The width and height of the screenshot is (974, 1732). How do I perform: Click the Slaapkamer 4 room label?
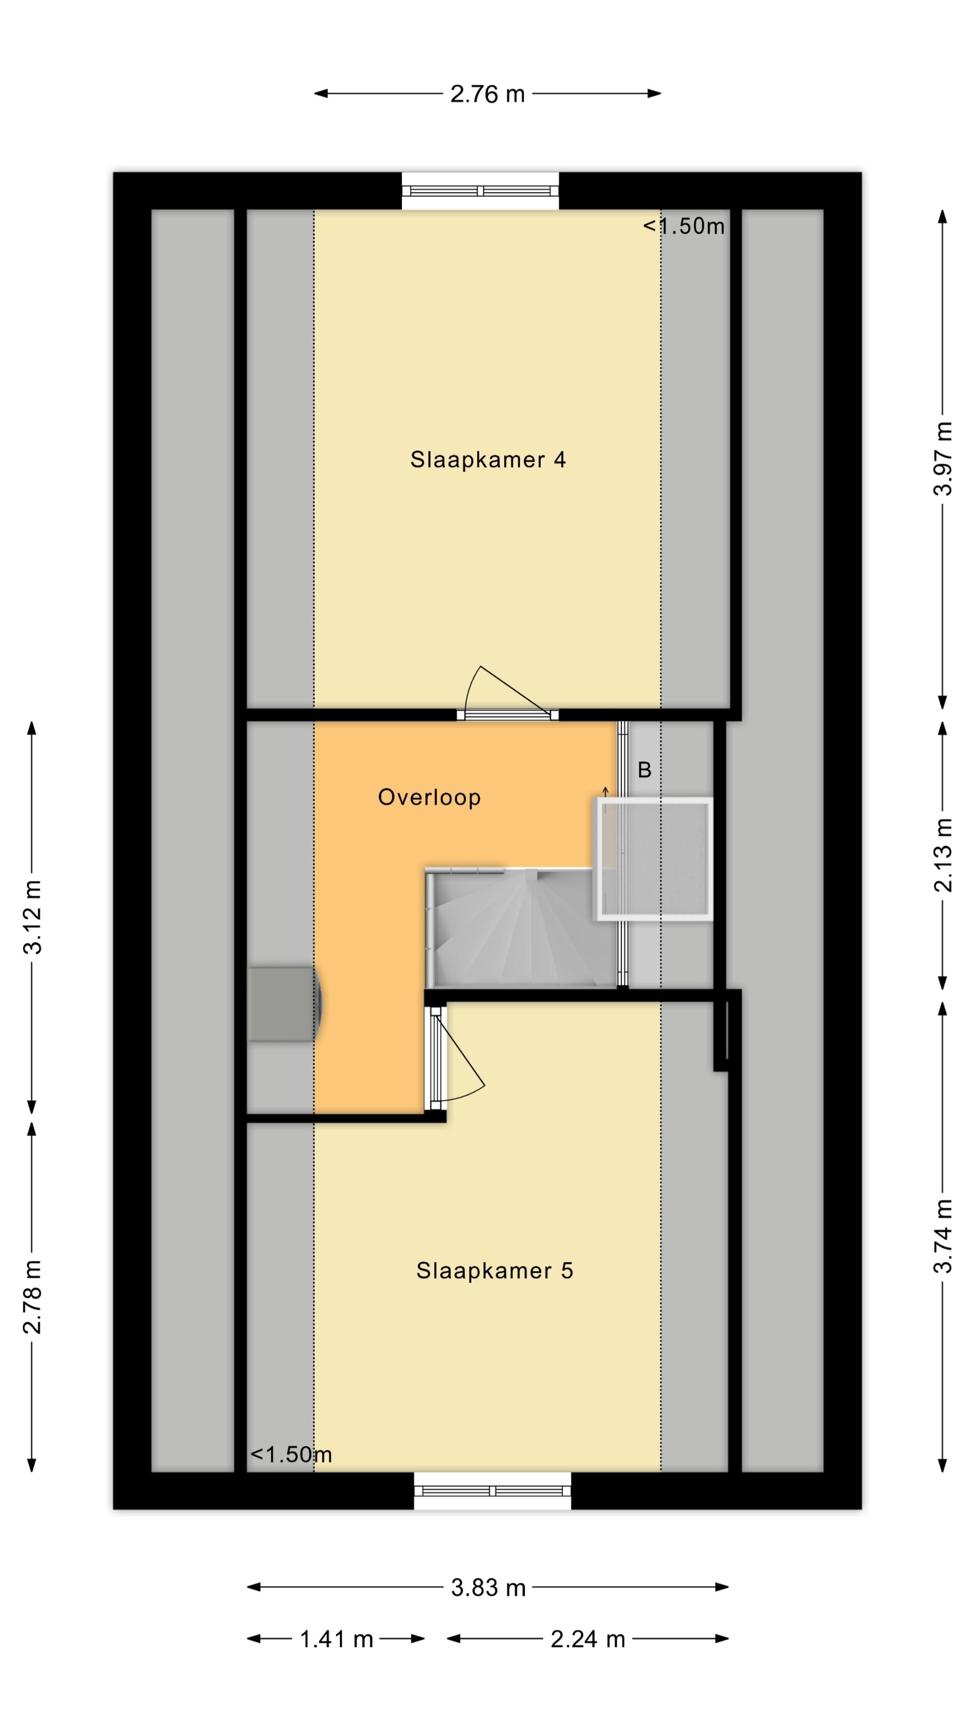(488, 460)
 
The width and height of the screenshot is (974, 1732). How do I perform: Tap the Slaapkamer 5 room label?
(494, 1271)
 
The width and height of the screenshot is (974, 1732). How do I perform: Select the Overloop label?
(430, 797)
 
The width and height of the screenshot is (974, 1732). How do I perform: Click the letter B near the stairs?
(644, 770)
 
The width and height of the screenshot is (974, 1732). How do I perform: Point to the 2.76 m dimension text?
(487, 94)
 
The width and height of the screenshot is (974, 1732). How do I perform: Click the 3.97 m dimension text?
(942, 459)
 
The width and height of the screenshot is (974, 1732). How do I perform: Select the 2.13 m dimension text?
(942, 855)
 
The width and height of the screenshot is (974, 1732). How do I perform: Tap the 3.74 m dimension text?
(942, 1236)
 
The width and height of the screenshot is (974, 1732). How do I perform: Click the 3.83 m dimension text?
(488, 1588)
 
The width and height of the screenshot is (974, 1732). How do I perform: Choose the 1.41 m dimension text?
(336, 1639)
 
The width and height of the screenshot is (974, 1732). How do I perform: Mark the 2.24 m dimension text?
(588, 1639)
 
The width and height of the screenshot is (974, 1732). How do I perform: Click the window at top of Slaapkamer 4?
(480, 191)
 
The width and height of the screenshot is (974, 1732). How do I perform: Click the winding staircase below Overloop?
(518, 928)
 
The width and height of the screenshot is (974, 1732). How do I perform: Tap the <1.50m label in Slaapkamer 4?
(684, 226)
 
